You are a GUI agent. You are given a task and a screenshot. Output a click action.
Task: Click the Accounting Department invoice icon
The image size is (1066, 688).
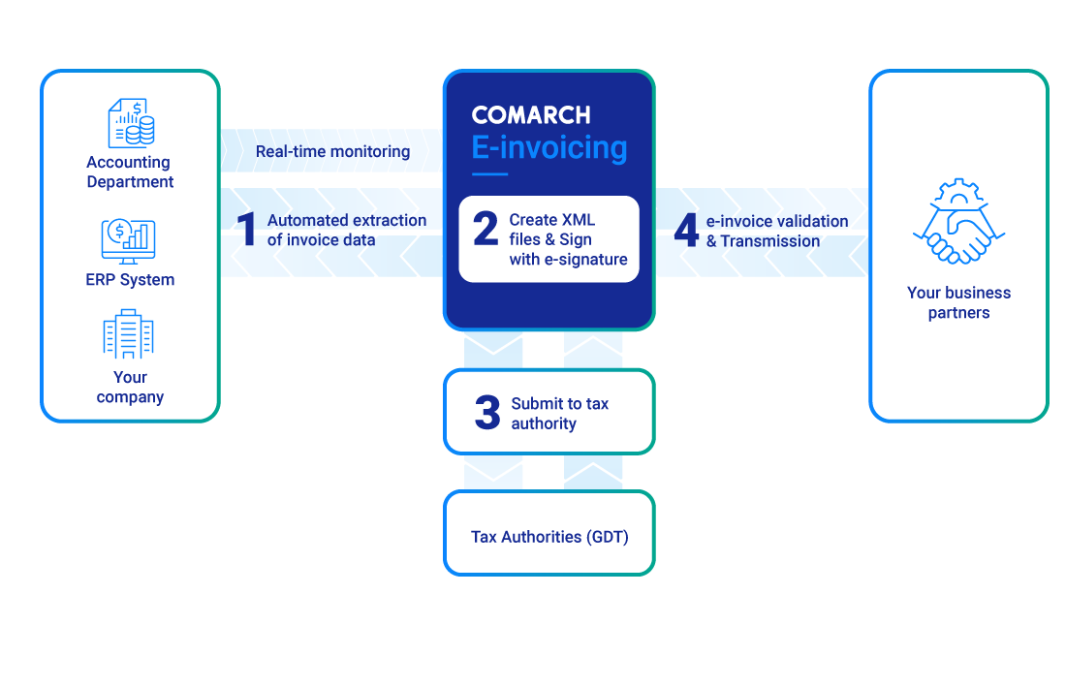click(130, 122)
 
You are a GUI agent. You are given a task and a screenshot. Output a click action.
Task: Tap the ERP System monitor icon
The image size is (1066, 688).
click(129, 241)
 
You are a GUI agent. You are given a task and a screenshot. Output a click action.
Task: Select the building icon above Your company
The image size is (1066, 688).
click(129, 334)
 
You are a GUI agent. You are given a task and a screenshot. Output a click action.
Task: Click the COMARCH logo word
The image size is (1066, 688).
click(530, 115)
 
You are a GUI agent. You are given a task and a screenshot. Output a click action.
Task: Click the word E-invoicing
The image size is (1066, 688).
click(549, 147)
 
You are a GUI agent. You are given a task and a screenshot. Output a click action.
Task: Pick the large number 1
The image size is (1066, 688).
click(248, 231)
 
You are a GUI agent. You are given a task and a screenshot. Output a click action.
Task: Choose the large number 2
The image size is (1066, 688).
click(485, 230)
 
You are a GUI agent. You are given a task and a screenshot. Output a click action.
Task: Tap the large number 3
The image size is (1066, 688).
click(486, 413)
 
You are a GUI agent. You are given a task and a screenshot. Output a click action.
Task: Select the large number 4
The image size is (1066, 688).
click(686, 231)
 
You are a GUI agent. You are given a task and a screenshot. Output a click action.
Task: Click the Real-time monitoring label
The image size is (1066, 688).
click(332, 152)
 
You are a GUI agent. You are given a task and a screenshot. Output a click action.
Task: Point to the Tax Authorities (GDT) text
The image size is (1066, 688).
click(549, 537)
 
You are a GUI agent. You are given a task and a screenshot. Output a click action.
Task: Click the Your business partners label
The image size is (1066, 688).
click(958, 302)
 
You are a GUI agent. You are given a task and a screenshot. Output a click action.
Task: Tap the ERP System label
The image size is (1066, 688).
click(130, 280)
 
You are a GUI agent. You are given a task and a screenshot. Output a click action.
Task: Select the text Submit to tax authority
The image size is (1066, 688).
click(559, 414)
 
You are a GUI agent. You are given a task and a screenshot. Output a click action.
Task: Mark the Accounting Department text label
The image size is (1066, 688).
click(130, 172)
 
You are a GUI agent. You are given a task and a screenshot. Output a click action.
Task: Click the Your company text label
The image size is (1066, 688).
click(130, 387)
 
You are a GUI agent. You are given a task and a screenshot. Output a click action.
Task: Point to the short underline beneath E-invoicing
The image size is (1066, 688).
click(489, 174)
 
